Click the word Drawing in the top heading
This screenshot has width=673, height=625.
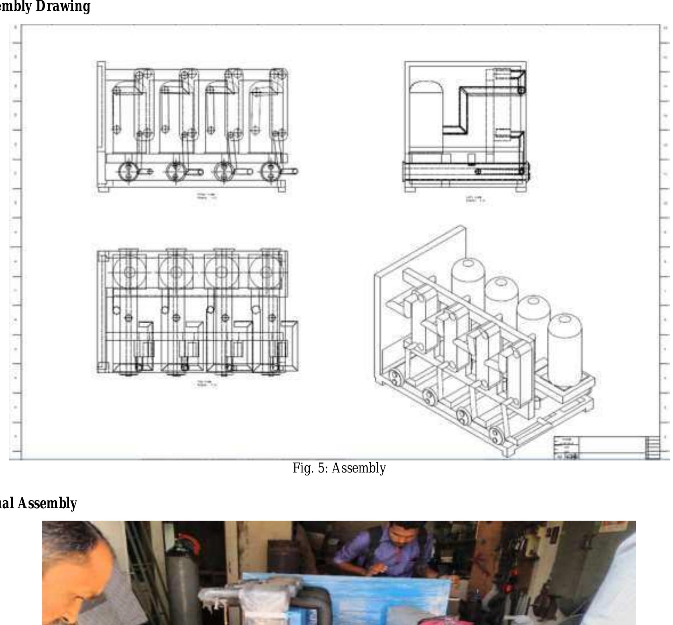pos(63,7)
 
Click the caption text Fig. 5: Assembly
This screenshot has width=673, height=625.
pos(339,468)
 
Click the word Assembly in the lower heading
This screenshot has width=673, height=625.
pos(47,504)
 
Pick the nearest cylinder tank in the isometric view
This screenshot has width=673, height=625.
pos(565,350)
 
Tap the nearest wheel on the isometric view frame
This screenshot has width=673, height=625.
pos(495,435)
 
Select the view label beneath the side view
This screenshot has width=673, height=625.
pos(475,200)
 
